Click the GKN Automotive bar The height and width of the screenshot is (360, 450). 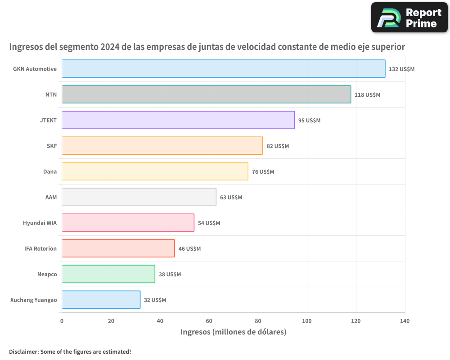223,69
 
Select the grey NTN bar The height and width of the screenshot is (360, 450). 206,94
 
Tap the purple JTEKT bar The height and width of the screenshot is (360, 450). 178,120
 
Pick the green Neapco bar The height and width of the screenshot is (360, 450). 108,274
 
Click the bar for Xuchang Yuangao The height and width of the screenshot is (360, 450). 101,300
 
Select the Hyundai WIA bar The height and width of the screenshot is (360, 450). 128,223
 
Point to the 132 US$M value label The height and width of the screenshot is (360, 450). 401,69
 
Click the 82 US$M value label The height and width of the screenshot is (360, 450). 278,146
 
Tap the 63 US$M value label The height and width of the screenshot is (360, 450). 231,198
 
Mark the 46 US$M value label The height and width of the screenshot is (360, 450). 189,249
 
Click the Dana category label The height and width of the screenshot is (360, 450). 50,171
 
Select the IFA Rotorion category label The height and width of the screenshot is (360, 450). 40,248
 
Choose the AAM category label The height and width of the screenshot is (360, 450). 51,197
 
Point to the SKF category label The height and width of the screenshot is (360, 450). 52,146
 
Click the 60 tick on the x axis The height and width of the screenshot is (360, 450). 209,321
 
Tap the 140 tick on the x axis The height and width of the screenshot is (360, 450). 405,321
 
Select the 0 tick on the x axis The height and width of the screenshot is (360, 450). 62,321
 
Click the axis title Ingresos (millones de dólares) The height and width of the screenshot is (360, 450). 233,332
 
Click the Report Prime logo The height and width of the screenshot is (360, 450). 409,18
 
